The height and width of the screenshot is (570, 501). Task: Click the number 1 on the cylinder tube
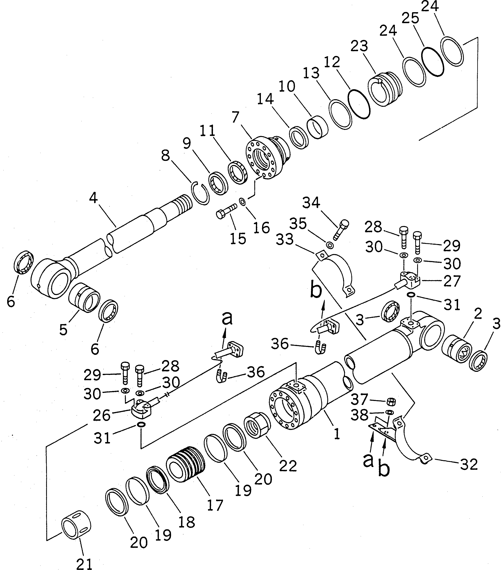337,434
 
